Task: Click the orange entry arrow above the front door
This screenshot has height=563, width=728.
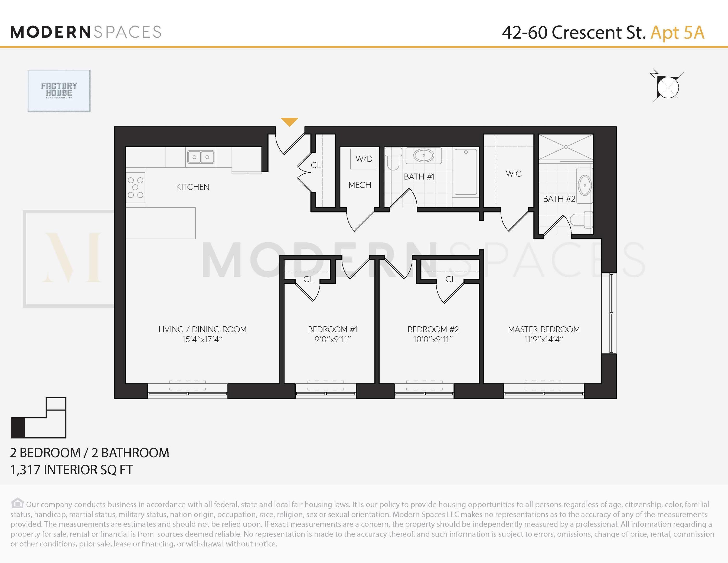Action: tap(289, 122)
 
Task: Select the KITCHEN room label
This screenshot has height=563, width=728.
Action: tap(193, 187)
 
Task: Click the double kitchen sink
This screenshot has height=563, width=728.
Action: tap(201, 157)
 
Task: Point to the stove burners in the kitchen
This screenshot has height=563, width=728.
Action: tap(135, 187)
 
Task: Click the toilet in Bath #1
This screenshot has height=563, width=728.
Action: tap(393, 158)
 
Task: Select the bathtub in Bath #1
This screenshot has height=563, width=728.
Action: tap(466, 172)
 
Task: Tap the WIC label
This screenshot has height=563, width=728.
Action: tap(513, 174)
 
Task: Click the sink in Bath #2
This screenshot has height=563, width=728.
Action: tap(585, 185)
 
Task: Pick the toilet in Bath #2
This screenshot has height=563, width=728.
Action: tap(582, 219)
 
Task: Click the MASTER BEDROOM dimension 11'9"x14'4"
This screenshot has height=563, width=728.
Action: tap(543, 340)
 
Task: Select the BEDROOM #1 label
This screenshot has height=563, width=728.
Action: tap(333, 329)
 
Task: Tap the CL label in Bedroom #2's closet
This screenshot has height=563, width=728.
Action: tap(450, 279)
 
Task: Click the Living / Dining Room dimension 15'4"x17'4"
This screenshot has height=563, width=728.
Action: tap(202, 340)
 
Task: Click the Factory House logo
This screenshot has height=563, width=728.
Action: tap(59, 91)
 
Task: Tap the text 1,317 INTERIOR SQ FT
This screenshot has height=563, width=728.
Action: tap(72, 470)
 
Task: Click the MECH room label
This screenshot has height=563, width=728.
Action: tap(360, 185)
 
